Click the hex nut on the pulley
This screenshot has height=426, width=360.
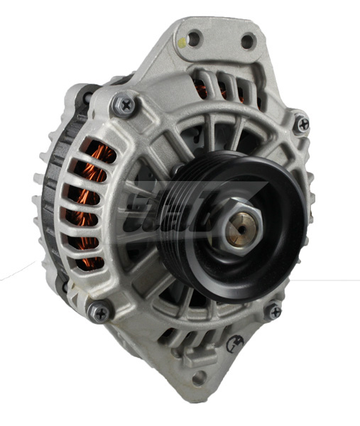pyautogui.click(x=235, y=225)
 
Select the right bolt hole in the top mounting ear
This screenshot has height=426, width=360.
pyautogui.click(x=247, y=40)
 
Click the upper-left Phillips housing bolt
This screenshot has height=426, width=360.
pyautogui.click(x=126, y=105)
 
